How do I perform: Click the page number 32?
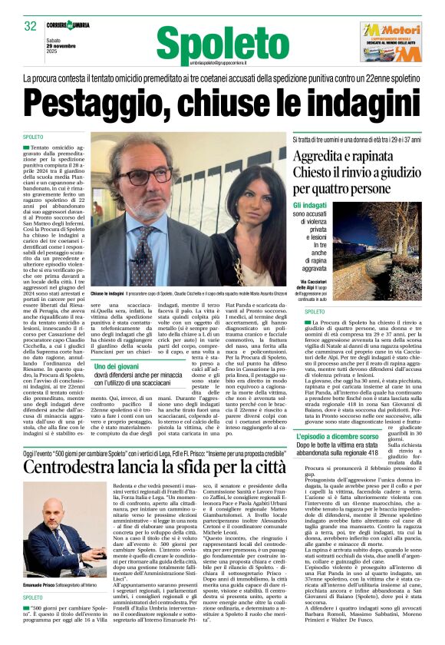[31, 26]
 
